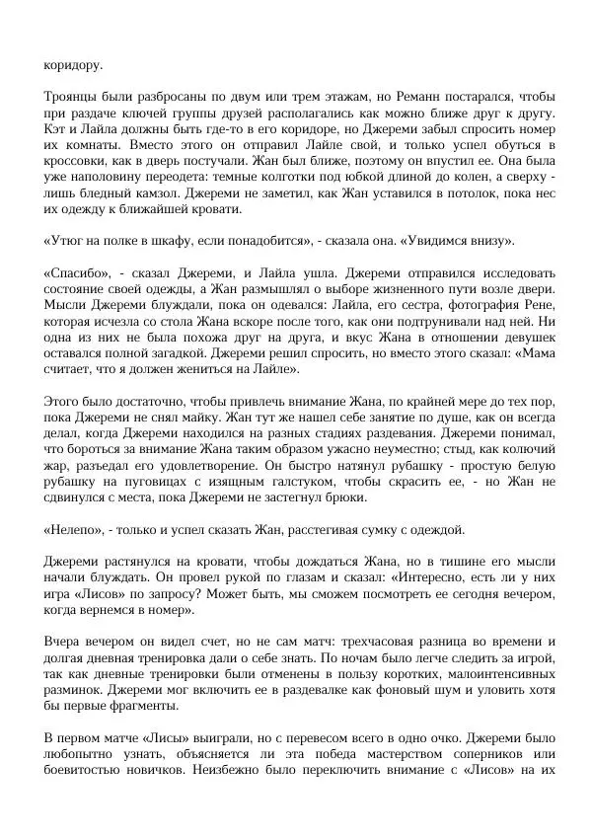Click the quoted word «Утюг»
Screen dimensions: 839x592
[x=68, y=242]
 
